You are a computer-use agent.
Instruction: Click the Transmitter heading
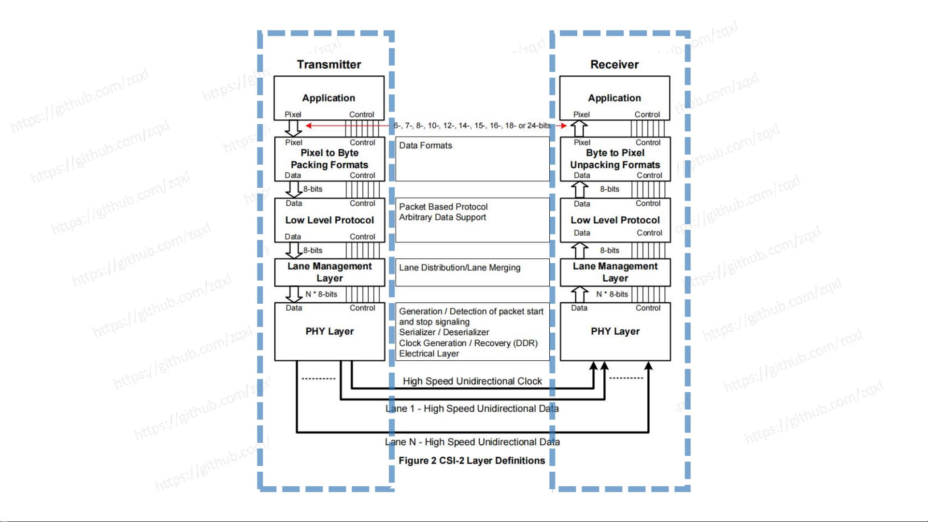point(329,65)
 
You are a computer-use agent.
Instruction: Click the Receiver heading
point(614,65)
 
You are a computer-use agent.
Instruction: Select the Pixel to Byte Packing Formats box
point(329,159)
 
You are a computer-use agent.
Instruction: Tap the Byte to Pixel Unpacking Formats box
point(615,159)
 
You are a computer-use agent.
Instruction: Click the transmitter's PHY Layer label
point(329,331)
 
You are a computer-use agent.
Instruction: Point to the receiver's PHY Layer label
point(615,331)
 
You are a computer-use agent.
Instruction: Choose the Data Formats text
point(426,146)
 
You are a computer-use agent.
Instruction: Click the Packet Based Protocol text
point(443,207)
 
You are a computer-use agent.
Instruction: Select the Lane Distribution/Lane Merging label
point(459,268)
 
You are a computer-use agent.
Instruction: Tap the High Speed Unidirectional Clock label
point(472,381)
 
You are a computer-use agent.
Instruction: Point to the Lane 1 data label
point(472,409)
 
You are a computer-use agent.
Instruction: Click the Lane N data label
point(472,442)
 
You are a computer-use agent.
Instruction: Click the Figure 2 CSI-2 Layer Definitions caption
point(471,461)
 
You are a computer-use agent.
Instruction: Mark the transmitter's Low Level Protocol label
point(329,220)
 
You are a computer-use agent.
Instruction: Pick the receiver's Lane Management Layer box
point(615,272)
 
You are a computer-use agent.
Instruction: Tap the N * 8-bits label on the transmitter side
point(321,294)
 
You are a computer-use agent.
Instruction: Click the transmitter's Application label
point(328,98)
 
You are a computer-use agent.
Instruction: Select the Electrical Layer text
point(429,354)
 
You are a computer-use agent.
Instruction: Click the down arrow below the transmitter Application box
point(293,128)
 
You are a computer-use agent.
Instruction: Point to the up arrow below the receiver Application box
point(579,128)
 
